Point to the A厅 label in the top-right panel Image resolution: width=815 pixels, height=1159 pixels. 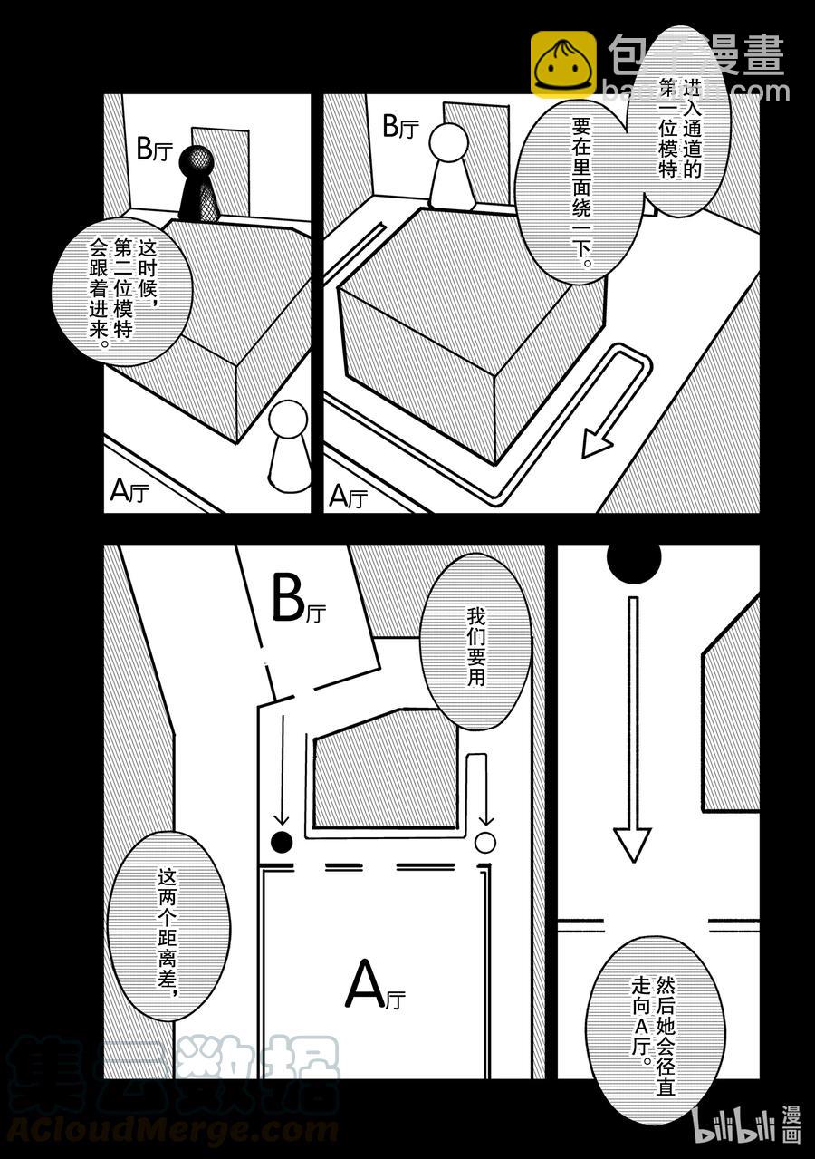pyautogui.click(x=348, y=496)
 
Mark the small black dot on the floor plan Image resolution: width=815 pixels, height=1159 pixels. pyautogui.click(x=283, y=842)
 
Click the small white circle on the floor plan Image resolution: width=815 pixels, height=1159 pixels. pyautogui.click(x=485, y=843)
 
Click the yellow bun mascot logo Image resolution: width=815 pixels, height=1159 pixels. pyautogui.click(x=562, y=64)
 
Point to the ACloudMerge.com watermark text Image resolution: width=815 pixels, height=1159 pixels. pyautogui.click(x=172, y=1131)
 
